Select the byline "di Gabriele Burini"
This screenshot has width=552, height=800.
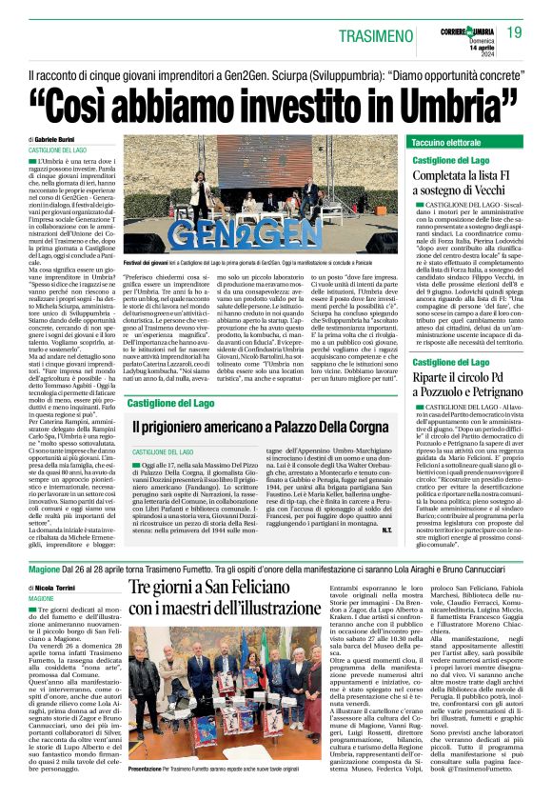pyautogui.click(x=60, y=139)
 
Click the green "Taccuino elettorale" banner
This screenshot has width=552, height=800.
pyautogui.click(x=447, y=142)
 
